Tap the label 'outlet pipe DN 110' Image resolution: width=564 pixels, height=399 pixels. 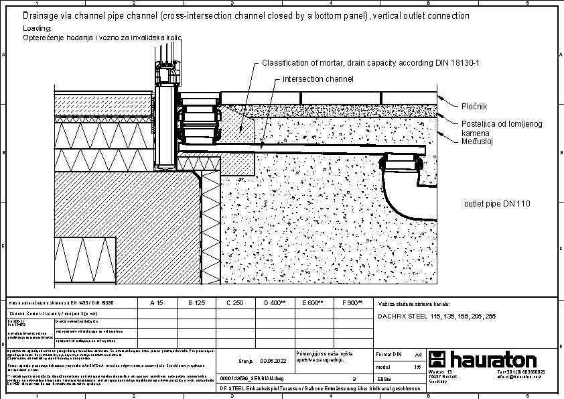coord(498,203)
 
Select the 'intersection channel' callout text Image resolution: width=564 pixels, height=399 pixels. coord(318,79)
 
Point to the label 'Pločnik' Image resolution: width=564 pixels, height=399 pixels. coord(474,107)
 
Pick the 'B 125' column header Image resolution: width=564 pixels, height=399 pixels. coord(196,303)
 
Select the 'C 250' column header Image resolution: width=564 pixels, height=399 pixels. coord(234,303)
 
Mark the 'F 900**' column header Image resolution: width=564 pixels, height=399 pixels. coord(352,303)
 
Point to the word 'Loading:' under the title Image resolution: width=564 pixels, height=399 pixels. coord(37,29)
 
